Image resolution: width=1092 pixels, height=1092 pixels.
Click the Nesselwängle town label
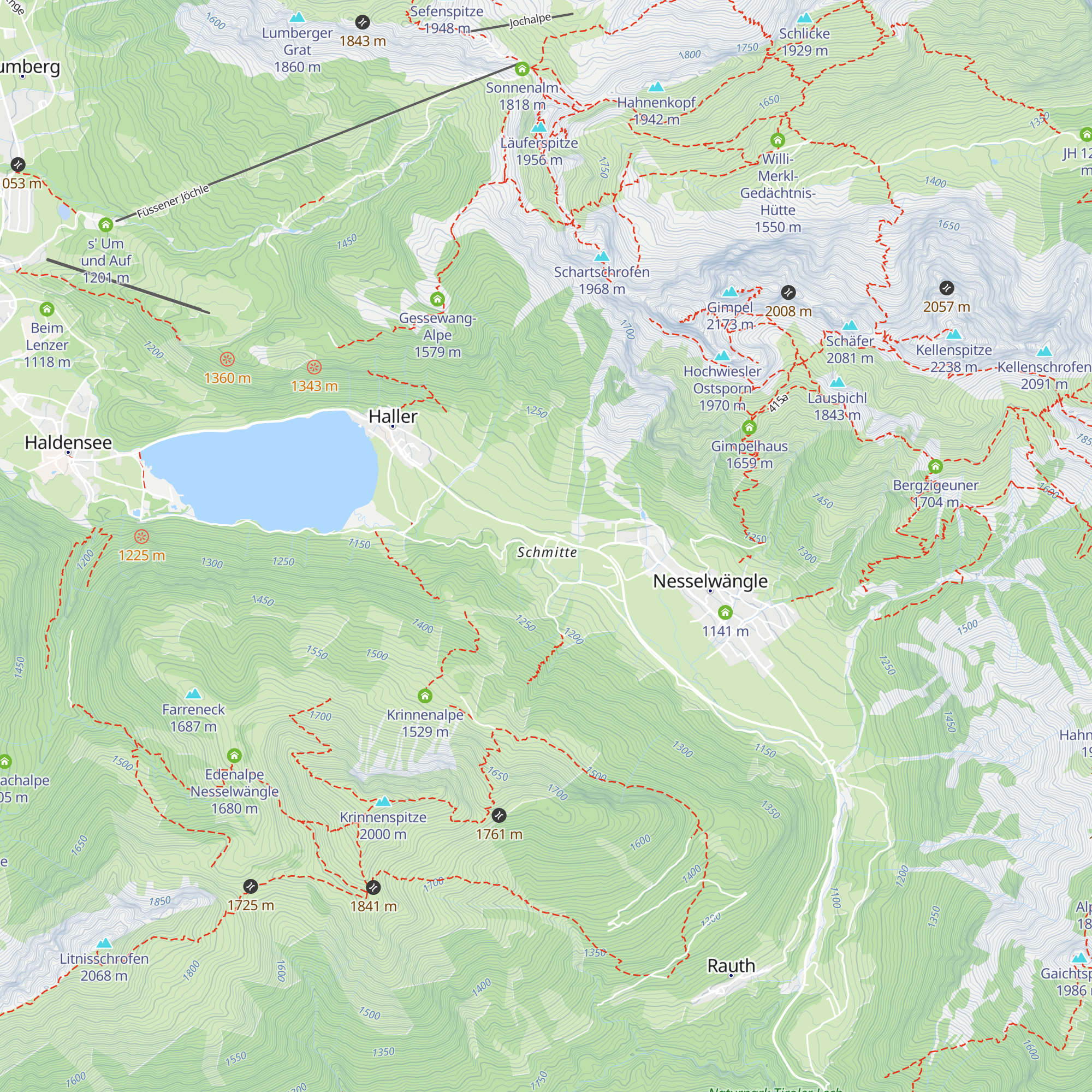[710, 581]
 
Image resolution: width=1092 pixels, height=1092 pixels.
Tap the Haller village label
[393, 417]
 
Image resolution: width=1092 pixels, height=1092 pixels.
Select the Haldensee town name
[68, 443]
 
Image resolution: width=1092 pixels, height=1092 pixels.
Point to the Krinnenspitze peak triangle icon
[383, 801]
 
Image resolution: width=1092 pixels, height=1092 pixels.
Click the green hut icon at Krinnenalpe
[425, 696]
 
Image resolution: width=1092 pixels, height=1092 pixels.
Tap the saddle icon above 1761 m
[498, 815]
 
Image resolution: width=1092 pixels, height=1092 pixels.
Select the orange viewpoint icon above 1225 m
[141, 536]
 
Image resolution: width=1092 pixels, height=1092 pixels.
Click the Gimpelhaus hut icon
[750, 428]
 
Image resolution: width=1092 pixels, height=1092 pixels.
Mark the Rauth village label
[731, 965]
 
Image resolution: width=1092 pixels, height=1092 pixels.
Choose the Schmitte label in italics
[547, 552]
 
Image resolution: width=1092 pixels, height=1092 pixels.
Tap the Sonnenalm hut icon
[521, 69]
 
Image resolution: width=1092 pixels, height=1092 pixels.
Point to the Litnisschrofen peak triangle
[104, 943]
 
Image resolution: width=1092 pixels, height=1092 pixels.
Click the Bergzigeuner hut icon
[935, 466]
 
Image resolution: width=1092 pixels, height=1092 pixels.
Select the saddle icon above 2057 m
[947, 288]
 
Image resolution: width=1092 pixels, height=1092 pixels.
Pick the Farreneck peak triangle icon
[193, 693]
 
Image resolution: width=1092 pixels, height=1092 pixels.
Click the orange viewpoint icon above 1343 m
[314, 367]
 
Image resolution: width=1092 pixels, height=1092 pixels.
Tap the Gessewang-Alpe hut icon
[437, 299]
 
